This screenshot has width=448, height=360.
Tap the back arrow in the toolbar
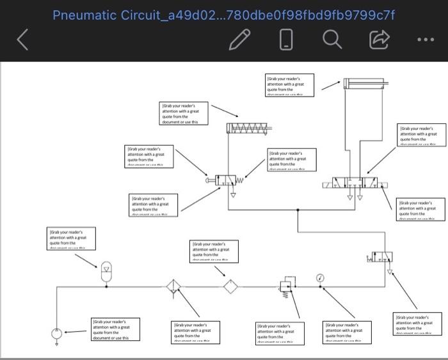pyautogui.click(x=22, y=40)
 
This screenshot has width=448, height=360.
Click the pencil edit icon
pyautogui.click(x=239, y=40)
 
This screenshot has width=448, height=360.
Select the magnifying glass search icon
pyautogui.click(x=332, y=40)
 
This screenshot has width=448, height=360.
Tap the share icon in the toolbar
pyautogui.click(x=379, y=40)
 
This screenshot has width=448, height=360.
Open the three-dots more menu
pyautogui.click(x=424, y=40)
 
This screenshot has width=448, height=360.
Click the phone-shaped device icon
pyautogui.click(x=286, y=40)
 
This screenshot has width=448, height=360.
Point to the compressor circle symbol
pyautogui.click(x=58, y=333)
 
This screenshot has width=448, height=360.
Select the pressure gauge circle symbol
pyautogui.click(x=319, y=278)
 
